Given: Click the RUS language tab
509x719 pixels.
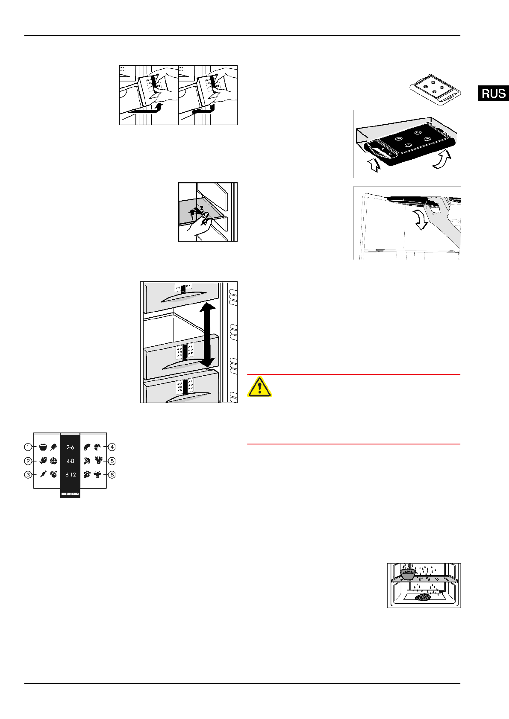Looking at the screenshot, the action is [493, 93].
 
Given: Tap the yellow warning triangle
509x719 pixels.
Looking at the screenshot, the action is [259, 386].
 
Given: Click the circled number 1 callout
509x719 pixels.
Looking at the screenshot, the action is [28, 447].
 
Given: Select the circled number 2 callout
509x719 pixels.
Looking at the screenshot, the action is [28, 461].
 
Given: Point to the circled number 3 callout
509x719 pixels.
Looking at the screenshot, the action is [28, 475].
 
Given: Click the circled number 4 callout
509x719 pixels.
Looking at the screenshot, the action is [112, 447].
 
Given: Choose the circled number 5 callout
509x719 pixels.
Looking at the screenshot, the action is [112, 461].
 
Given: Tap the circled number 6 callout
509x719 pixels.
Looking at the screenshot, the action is [112, 475].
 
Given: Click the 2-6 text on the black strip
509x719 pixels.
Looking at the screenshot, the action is [70, 447].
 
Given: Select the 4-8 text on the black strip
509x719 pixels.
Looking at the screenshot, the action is [70, 461].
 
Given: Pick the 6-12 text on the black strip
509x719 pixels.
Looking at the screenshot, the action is [71, 475].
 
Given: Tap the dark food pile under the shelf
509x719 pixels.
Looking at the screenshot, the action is [423, 597].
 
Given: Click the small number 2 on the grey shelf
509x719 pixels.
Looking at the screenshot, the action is [202, 208].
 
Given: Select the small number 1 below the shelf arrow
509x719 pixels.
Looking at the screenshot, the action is [192, 218].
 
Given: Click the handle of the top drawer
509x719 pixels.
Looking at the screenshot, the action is [183, 299].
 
